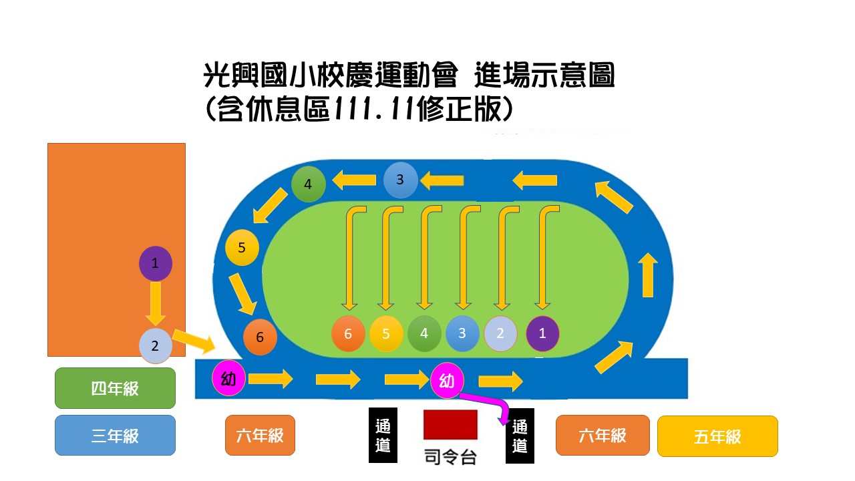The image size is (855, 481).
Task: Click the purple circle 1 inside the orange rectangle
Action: point(156,263)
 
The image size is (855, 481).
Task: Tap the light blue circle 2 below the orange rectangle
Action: point(156,346)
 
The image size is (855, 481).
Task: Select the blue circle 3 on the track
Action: point(400,180)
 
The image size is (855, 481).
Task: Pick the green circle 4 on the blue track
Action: point(308,184)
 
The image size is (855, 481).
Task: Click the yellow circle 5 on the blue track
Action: point(242,248)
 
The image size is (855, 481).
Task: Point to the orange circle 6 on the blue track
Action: point(260,337)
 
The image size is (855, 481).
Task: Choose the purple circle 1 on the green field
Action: point(542,333)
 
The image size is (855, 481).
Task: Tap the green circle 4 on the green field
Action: point(424,333)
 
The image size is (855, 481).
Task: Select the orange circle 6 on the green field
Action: point(348,333)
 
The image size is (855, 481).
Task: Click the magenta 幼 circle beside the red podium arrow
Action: point(447,381)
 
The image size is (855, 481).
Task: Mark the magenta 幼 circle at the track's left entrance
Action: point(228,379)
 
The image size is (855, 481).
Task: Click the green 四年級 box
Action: point(115,388)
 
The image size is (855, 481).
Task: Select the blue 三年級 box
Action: point(115,436)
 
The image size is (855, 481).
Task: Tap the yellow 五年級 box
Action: point(717,436)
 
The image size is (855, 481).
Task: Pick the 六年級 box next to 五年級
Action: point(603,436)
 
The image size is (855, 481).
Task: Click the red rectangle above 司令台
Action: point(450,425)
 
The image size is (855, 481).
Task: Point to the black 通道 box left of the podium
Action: point(383,436)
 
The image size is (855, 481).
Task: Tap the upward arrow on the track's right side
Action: point(647,275)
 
